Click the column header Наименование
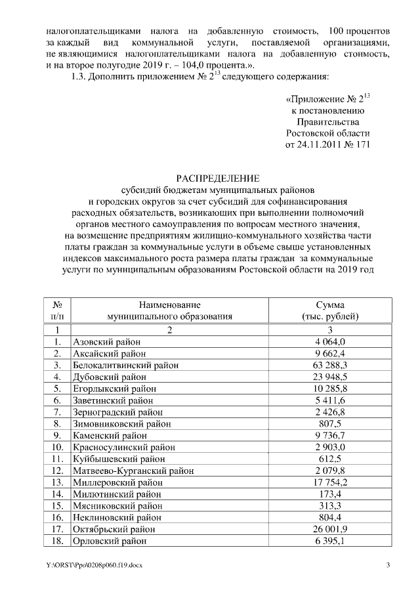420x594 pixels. [169, 305]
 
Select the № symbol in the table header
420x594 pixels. [58, 305]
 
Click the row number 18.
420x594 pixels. [58, 541]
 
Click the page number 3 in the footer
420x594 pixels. [388, 566]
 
